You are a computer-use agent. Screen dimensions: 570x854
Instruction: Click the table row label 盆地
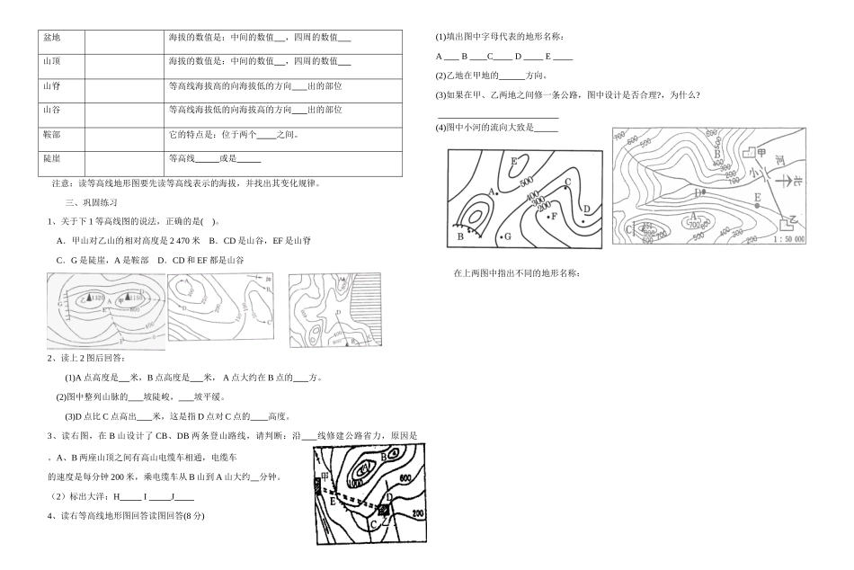point(51,37)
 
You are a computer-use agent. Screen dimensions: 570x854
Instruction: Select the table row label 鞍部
point(51,134)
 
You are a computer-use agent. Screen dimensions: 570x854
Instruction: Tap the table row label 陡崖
point(51,158)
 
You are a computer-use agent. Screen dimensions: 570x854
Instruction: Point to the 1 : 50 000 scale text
point(788,240)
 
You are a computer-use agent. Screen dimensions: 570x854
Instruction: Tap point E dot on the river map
point(758,205)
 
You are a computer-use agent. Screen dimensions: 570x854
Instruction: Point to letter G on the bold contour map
point(507,236)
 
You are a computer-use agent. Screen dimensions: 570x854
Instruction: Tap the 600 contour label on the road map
point(404,478)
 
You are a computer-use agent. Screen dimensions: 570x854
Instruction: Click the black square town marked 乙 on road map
point(384,511)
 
